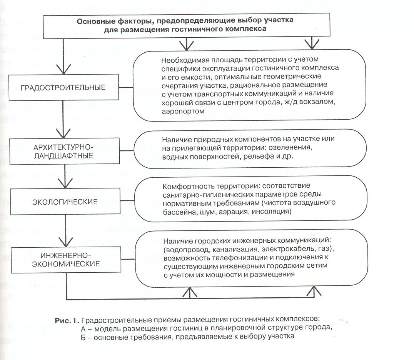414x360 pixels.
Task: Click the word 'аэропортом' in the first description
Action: [x=183, y=111]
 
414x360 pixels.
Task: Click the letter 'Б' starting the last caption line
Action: [x=83, y=336]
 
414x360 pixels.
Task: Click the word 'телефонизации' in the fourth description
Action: [x=230, y=257]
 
